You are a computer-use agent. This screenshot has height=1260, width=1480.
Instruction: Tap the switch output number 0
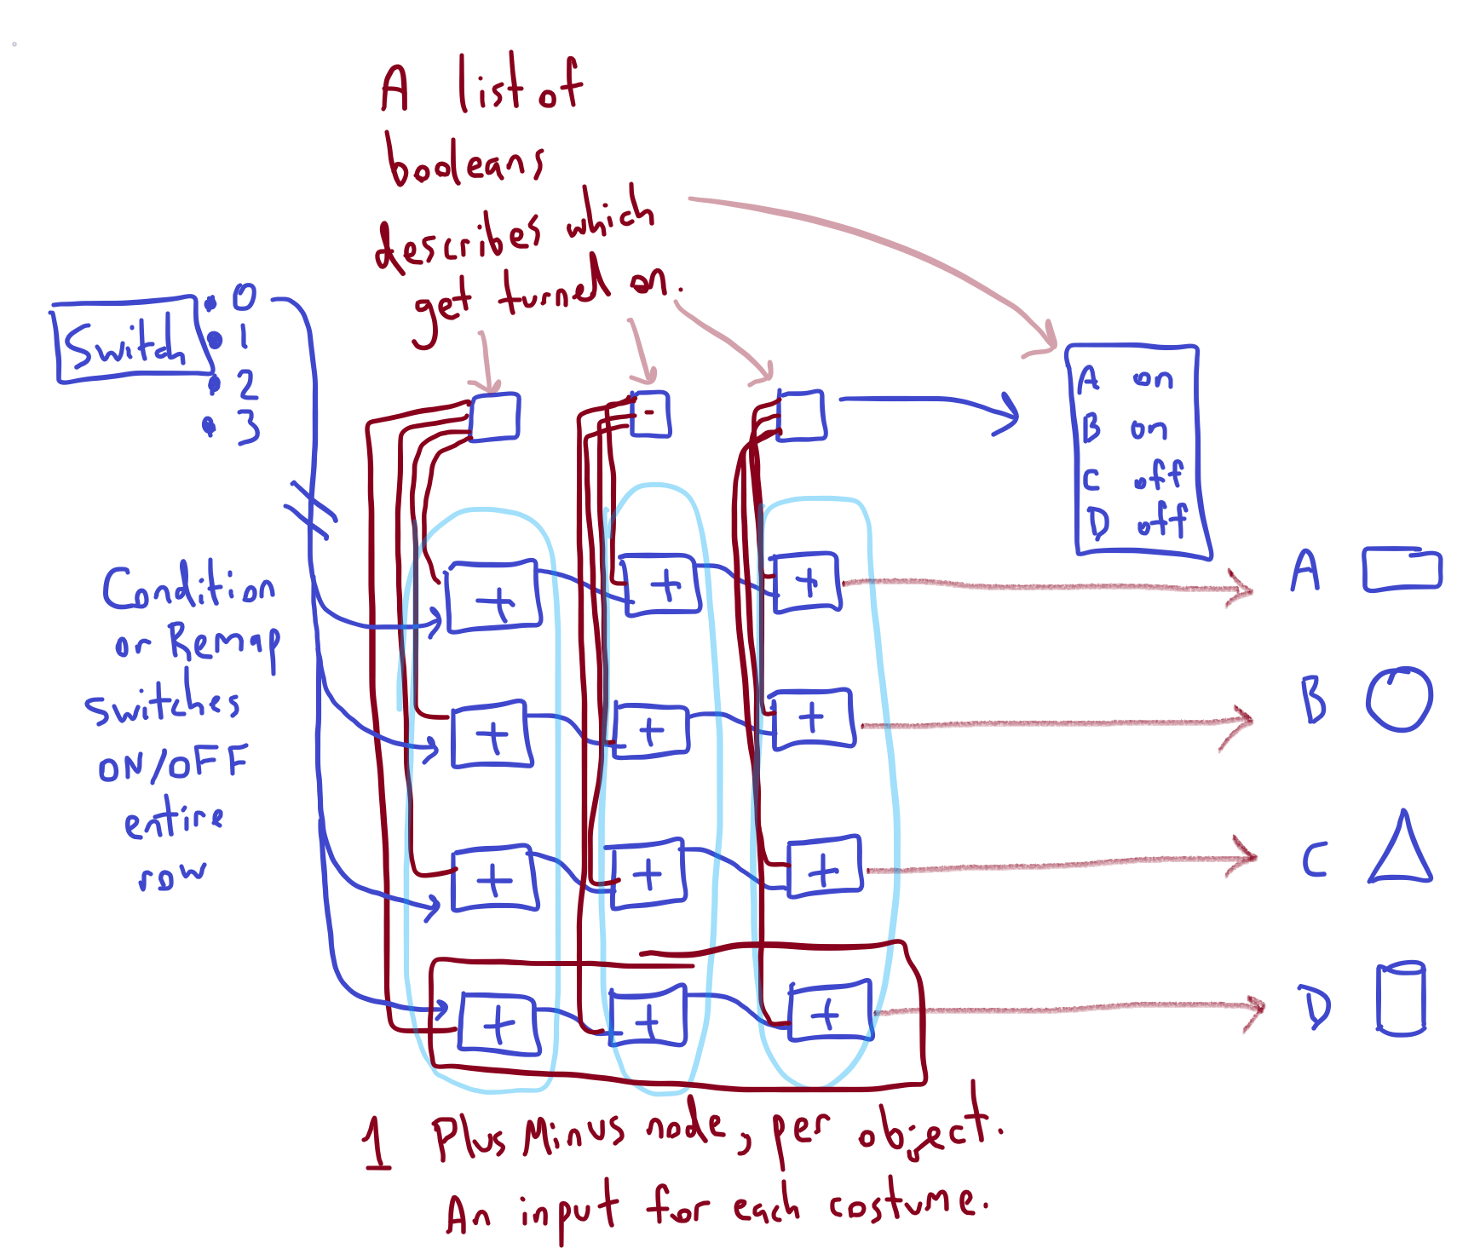pos(244,297)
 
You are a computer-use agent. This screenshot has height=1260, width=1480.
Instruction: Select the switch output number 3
pos(248,427)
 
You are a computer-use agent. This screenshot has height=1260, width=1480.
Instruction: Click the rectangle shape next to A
pos(1402,570)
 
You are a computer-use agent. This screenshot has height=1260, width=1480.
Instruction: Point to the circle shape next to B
pos(1399,699)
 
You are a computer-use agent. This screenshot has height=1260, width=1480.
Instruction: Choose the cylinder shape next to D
pos(1401,998)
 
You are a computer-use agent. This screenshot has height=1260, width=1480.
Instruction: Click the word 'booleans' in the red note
pos(464,162)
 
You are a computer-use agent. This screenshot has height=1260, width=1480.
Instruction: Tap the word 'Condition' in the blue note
pos(188,588)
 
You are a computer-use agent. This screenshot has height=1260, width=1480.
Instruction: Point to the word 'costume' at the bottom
pos(907,1203)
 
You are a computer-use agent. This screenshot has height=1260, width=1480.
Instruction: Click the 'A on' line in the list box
pos(1125,380)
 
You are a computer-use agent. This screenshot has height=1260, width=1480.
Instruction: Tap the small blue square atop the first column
pos(495,417)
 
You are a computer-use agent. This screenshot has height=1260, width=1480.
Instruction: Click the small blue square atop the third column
pos(802,416)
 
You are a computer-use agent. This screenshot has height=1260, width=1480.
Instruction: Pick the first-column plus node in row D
pos(498,1023)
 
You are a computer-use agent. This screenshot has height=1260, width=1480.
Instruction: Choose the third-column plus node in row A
pos(806,583)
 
